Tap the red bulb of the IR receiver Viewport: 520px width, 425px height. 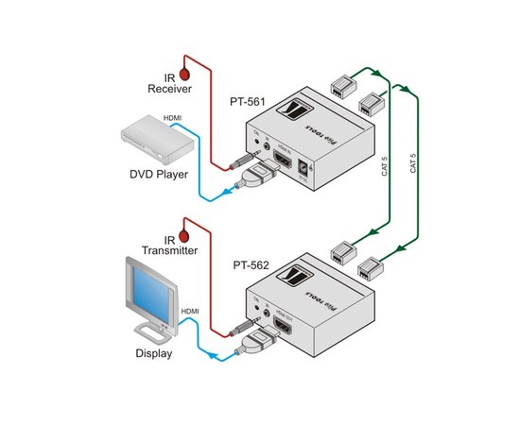(186, 71)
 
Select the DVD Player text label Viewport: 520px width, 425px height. (160, 174)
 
